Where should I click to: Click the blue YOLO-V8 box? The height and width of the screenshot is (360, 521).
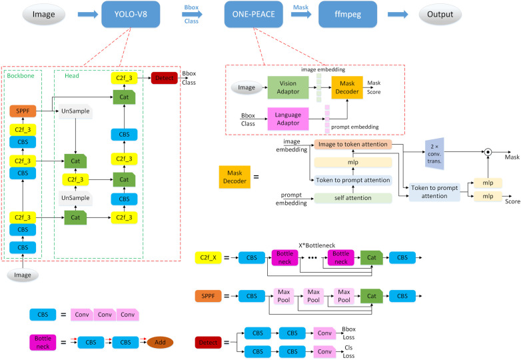tap(131, 14)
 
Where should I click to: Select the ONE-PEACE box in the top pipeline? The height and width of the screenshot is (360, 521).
tap(254, 14)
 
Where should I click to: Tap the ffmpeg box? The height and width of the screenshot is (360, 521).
tap(348, 14)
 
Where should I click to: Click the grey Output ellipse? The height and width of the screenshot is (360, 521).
tap(440, 14)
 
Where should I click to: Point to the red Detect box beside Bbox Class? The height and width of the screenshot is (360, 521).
tap(164, 78)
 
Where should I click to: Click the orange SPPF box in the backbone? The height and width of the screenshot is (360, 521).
tap(23, 111)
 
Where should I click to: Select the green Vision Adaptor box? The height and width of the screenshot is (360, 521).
tap(288, 87)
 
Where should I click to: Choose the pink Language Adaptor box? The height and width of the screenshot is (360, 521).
tap(288, 119)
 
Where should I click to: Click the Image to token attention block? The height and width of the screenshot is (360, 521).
tap(353, 144)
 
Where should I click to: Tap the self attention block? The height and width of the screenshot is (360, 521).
tap(353, 198)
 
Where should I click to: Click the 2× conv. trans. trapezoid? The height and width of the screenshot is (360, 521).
tap(434, 153)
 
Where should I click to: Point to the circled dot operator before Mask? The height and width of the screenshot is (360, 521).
tap(488, 152)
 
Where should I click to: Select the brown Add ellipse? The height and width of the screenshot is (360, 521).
tap(160, 343)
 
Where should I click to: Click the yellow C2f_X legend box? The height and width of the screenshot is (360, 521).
tap(208, 257)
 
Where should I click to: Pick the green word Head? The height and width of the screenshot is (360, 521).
tap(72, 76)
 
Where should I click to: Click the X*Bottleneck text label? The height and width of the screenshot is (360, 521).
tap(316, 245)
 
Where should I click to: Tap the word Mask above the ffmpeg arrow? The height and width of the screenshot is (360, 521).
tap(300, 7)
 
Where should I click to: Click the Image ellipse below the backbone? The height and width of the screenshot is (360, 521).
tap(23, 275)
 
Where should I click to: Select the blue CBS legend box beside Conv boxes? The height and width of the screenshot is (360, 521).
tap(43, 315)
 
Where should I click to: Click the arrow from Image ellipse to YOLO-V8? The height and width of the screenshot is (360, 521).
tap(88, 14)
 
